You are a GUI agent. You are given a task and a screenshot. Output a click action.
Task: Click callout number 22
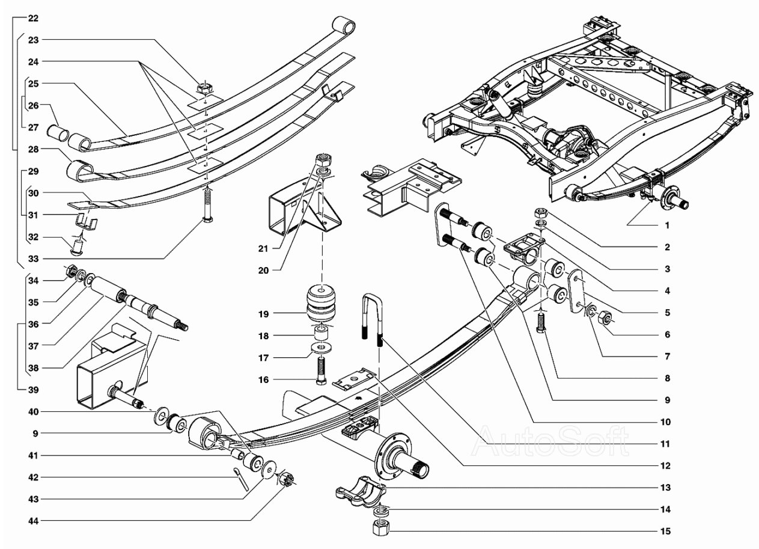tap(33, 18)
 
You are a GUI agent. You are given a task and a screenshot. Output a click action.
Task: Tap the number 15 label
tap(665, 531)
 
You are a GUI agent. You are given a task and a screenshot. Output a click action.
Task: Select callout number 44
tap(33, 521)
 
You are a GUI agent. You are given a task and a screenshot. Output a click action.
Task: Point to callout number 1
tap(667, 225)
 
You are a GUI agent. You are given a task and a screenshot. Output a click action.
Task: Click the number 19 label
tap(263, 314)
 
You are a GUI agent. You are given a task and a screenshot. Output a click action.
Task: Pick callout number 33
tap(33, 259)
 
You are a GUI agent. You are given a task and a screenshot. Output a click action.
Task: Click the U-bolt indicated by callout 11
tap(373, 317)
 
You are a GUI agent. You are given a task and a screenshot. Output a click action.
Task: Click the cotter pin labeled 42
tap(240, 479)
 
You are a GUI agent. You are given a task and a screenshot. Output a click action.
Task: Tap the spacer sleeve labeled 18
tap(321, 333)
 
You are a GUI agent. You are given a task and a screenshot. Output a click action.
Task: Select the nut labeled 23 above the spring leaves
tap(205, 89)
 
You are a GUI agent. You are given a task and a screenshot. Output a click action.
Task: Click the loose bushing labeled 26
tap(58, 133)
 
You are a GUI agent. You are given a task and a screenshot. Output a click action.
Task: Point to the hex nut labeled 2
tap(541, 213)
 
